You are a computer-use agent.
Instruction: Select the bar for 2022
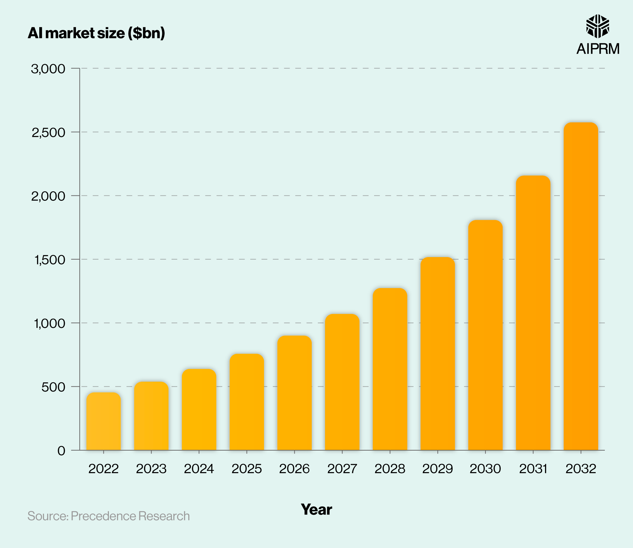(x=103, y=421)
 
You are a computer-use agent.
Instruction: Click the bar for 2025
(x=247, y=402)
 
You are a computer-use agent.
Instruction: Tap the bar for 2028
(x=390, y=369)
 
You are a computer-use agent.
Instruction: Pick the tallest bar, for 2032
(x=581, y=286)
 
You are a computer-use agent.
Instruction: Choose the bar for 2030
(x=485, y=335)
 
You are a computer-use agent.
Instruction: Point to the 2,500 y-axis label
(x=48, y=132)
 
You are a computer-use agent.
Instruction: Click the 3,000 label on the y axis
(x=48, y=69)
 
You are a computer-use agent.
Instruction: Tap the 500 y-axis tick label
(x=53, y=387)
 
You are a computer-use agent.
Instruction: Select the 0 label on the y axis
(x=61, y=451)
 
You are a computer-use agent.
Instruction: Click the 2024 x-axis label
(x=199, y=469)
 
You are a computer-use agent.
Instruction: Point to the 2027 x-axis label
(x=342, y=469)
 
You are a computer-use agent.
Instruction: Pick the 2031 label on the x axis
(x=533, y=469)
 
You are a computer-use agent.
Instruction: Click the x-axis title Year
(x=316, y=509)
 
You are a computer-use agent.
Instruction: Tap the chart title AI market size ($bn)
(x=96, y=33)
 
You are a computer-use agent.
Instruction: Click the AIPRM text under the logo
(x=598, y=49)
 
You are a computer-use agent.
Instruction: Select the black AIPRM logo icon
(x=598, y=26)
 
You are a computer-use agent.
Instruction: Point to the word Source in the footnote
(x=47, y=516)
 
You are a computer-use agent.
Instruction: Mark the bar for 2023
(x=151, y=416)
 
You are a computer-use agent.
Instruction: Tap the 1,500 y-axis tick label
(x=50, y=260)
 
